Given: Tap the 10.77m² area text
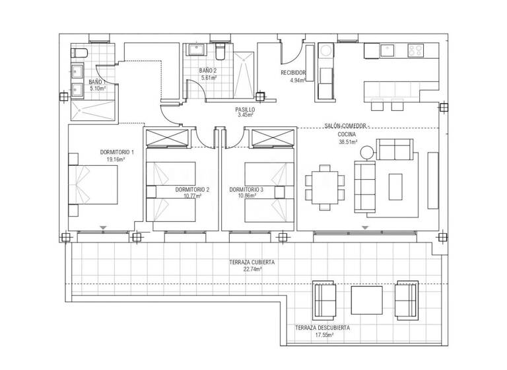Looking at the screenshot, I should (x=192, y=196).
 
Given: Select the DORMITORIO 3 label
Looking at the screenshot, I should (x=246, y=190).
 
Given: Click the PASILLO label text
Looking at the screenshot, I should (x=246, y=109).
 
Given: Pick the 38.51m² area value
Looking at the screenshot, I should (x=347, y=141).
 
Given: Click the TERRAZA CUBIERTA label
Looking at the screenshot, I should (x=252, y=262).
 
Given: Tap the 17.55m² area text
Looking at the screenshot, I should (x=323, y=335).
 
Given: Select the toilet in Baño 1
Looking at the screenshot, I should (x=77, y=53).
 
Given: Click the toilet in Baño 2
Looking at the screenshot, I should (x=221, y=50).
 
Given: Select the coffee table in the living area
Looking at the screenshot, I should (x=395, y=186).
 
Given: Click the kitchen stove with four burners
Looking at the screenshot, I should (x=415, y=49).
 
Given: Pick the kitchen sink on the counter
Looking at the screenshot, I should (x=386, y=49).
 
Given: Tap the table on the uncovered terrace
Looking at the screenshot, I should (x=366, y=299).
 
